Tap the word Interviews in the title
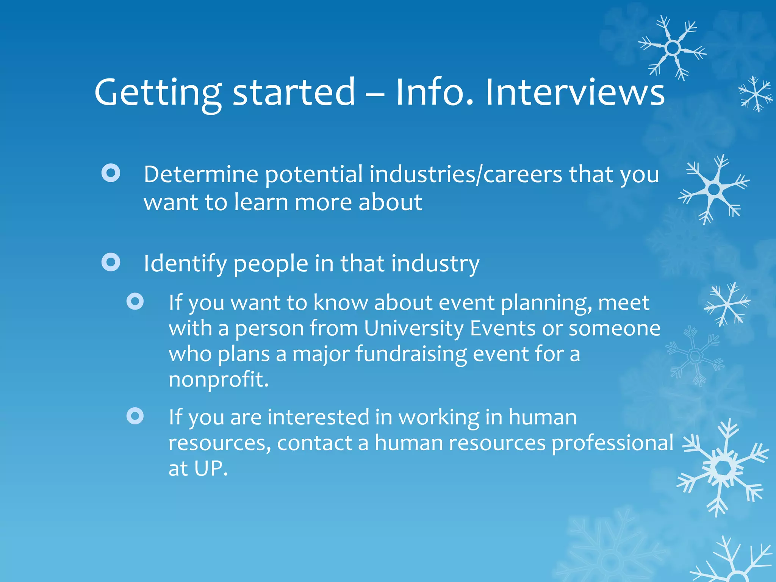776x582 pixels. pos(575,92)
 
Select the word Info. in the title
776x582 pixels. pos(434,92)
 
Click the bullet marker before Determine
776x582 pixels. pos(111,173)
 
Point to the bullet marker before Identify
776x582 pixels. pos(111,262)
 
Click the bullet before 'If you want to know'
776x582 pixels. pos(135,302)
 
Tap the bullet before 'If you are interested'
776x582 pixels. pos(135,416)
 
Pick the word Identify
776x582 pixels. pos(185,264)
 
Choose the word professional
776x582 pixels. pos(612,443)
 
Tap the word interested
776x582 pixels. pos(318,418)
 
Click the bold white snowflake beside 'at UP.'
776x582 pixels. pos(723,468)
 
